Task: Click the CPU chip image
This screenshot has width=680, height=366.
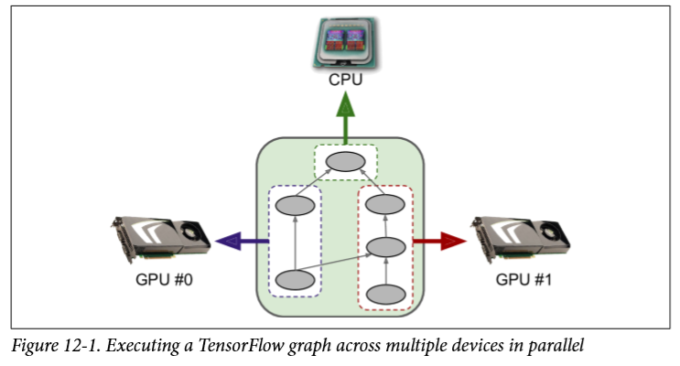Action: click(x=346, y=42)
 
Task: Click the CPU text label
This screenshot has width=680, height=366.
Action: click(x=346, y=81)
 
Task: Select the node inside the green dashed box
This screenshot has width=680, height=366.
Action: click(x=346, y=162)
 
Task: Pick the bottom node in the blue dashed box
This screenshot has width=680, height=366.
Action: click(x=295, y=279)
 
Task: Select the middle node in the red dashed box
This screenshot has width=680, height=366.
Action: click(x=385, y=247)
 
